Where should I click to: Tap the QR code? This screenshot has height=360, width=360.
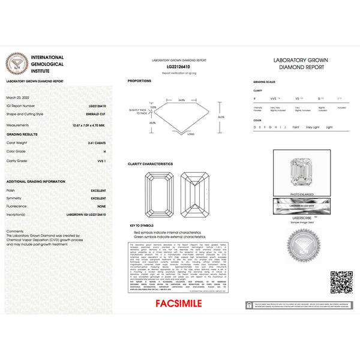[341, 282]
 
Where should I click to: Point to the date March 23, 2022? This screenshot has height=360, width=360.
[17, 96]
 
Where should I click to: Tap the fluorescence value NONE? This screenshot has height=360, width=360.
[101, 206]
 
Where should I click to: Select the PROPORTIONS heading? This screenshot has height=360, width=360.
[139, 80]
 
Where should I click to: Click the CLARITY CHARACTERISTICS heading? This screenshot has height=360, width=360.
[150, 163]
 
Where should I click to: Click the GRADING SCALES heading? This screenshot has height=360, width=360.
[264, 81]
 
